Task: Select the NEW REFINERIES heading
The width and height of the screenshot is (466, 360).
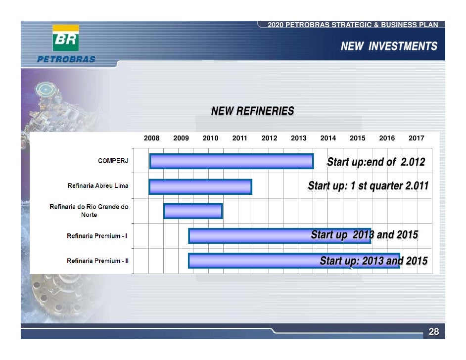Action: (252, 111)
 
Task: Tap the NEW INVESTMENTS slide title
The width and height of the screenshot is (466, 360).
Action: (389, 46)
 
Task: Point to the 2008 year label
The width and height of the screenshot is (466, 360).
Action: (151, 138)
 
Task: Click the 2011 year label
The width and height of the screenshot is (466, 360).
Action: (239, 138)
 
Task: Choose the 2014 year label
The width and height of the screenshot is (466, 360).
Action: (328, 138)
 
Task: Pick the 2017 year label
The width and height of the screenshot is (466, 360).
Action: (416, 138)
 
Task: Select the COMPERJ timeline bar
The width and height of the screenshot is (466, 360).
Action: (231, 161)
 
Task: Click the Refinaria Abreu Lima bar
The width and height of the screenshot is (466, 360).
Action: (200, 186)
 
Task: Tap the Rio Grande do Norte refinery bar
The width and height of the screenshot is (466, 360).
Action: (193, 211)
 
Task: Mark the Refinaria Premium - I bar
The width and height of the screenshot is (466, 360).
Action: (247, 235)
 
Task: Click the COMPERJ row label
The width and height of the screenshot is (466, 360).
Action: (113, 161)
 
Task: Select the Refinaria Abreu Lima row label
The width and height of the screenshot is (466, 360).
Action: (98, 186)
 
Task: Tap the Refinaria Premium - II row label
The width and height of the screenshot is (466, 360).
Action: (98, 261)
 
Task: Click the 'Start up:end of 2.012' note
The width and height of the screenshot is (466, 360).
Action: (375, 163)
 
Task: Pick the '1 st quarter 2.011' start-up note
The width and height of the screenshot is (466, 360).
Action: (368, 186)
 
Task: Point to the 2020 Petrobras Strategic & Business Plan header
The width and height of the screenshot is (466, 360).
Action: (352, 25)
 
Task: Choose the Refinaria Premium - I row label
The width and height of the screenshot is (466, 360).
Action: (97, 236)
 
